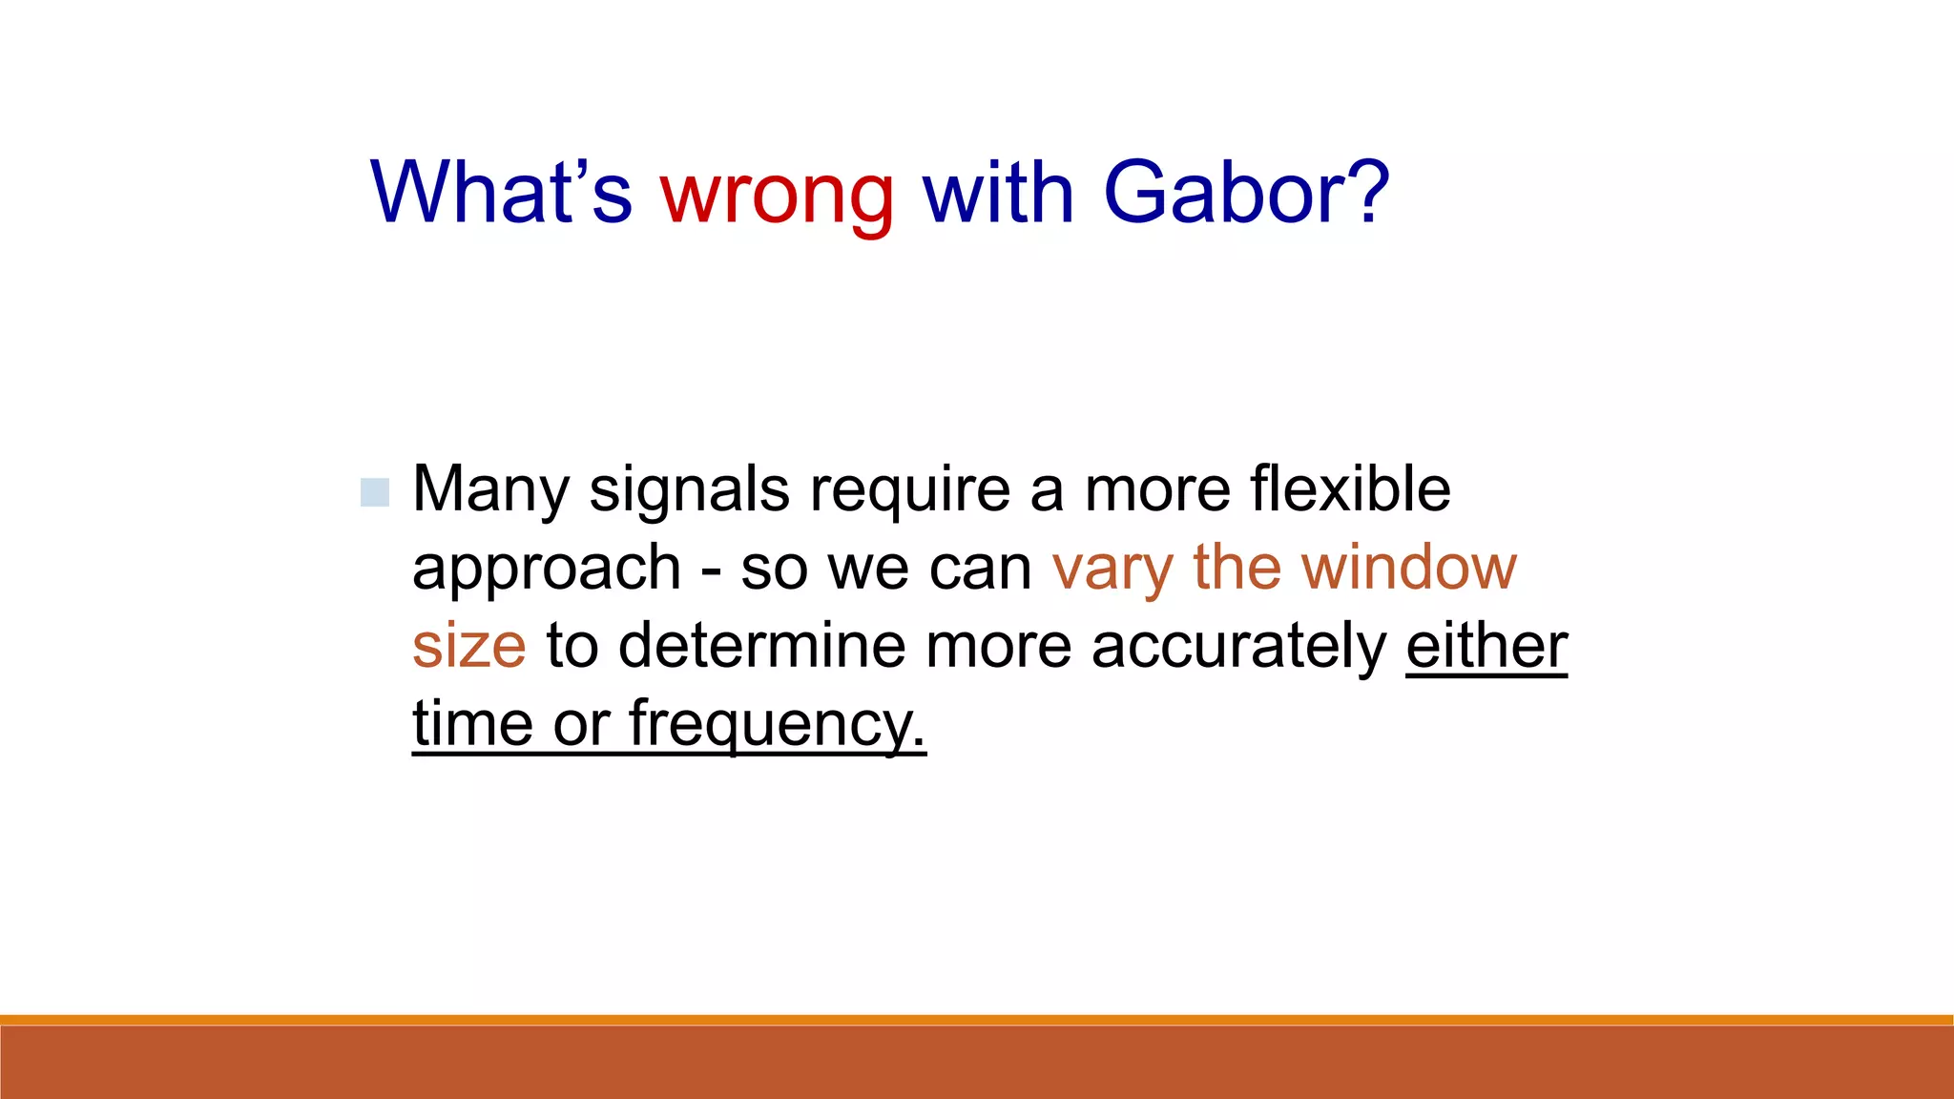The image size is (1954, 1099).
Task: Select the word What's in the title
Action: (x=502, y=194)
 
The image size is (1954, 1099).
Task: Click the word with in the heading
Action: (x=998, y=194)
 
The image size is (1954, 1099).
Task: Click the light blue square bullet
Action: (x=375, y=492)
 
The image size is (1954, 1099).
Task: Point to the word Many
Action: (x=490, y=490)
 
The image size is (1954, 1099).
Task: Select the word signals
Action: (x=689, y=490)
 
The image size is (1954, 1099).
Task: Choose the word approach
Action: (x=546, y=570)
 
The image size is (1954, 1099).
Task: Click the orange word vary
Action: (x=1112, y=570)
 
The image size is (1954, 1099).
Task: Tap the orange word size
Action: (x=468, y=646)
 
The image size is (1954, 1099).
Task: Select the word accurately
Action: (x=1238, y=646)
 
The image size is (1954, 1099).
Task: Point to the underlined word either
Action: (x=1486, y=646)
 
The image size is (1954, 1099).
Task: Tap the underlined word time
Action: (x=472, y=724)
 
